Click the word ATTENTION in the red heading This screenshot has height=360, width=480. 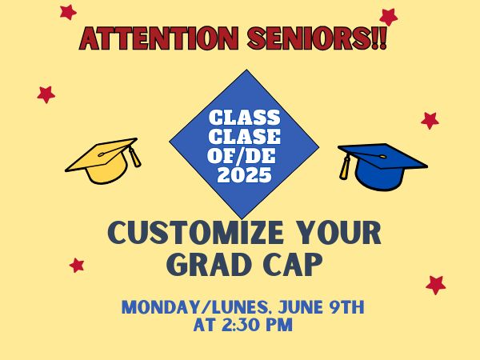pos(159,38)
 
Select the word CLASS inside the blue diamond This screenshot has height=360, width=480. pos(244,118)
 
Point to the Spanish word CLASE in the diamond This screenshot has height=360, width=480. pos(244,137)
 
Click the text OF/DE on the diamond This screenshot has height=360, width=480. pos(242,155)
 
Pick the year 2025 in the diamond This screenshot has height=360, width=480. pos(244,174)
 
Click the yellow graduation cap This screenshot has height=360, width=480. pos(103,161)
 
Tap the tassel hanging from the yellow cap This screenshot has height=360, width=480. pos(134,157)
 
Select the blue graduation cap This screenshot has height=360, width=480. pos(382,167)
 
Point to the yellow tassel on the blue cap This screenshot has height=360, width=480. pos(344,168)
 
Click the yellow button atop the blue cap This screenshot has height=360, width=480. pos(382,157)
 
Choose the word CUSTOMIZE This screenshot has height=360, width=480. pos(196,233)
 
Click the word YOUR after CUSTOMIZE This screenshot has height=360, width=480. pos(339,233)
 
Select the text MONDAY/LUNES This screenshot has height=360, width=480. pos(195,307)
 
